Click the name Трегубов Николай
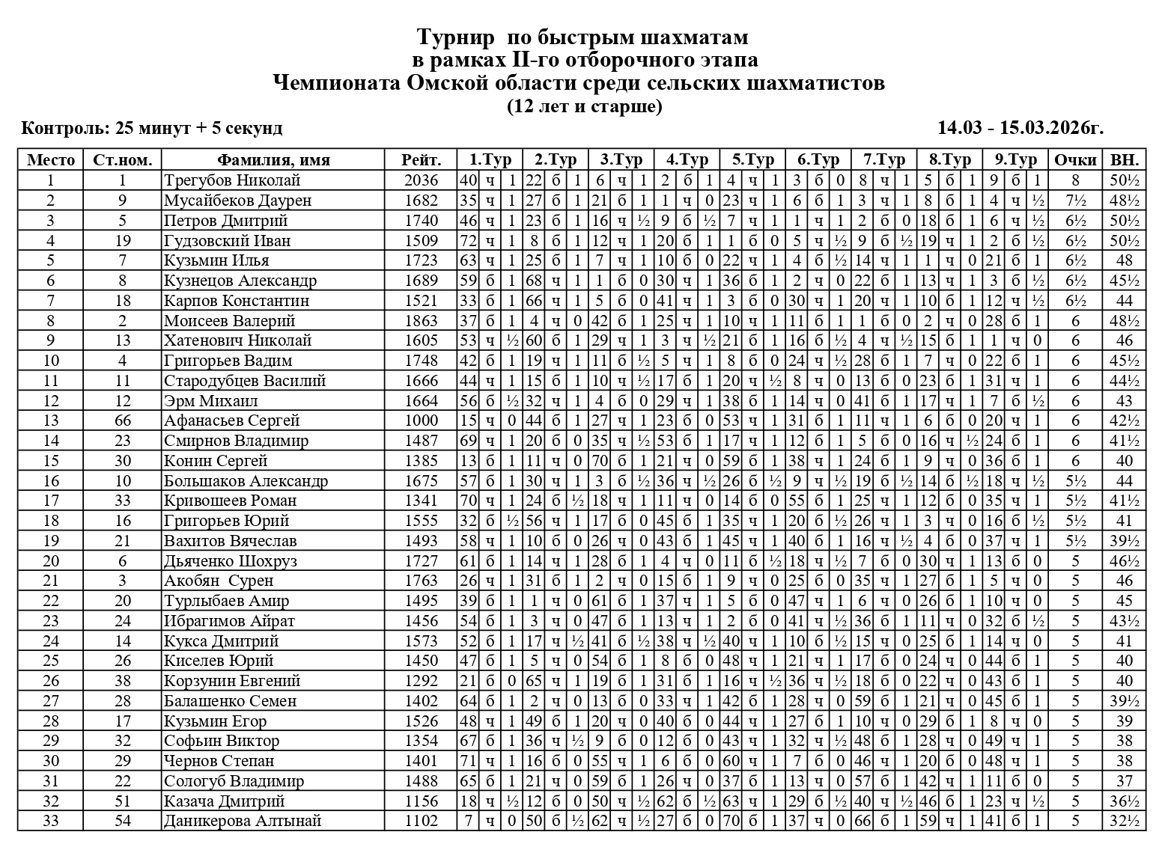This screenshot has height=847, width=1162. click(232, 180)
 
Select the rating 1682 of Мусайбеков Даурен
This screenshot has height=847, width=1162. click(421, 201)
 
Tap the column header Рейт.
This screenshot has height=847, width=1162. click(421, 160)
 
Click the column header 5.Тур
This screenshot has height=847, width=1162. click(752, 160)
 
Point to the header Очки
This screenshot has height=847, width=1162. click(1075, 160)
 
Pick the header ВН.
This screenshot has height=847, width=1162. click(1124, 160)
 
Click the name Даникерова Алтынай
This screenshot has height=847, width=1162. click(243, 821)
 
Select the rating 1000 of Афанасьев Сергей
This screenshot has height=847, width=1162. click(421, 421)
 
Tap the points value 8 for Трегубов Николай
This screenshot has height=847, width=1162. click(1075, 180)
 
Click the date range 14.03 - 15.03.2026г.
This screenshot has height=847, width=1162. click(1020, 128)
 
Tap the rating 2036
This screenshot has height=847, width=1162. click(421, 180)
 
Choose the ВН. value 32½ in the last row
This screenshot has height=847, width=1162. click(1124, 821)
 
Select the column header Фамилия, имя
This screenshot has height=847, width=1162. click(273, 160)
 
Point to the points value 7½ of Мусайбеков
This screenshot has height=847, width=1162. click(1075, 201)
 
